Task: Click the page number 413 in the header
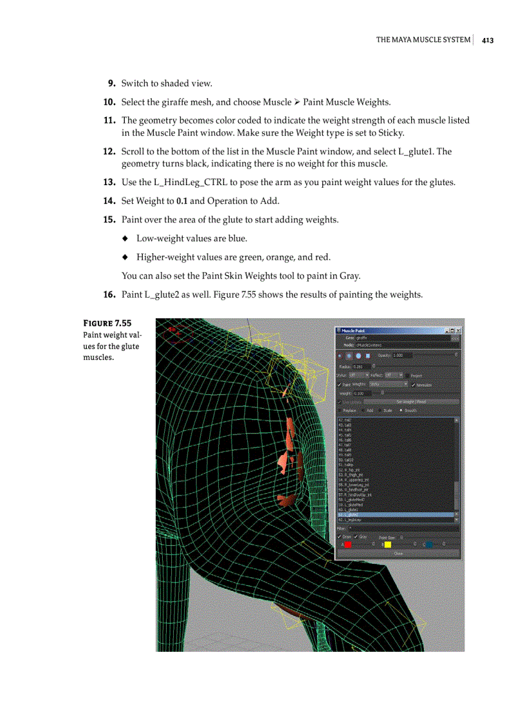[487, 40]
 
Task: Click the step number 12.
[109, 152]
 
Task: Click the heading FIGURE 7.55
[107, 323]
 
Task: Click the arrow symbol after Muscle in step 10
[297, 102]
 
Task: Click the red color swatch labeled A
[348, 545]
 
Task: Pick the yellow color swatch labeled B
[387, 545]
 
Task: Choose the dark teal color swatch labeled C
[429, 545]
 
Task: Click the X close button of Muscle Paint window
[457, 330]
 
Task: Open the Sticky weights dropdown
[388, 384]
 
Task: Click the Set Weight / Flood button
[410, 402]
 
